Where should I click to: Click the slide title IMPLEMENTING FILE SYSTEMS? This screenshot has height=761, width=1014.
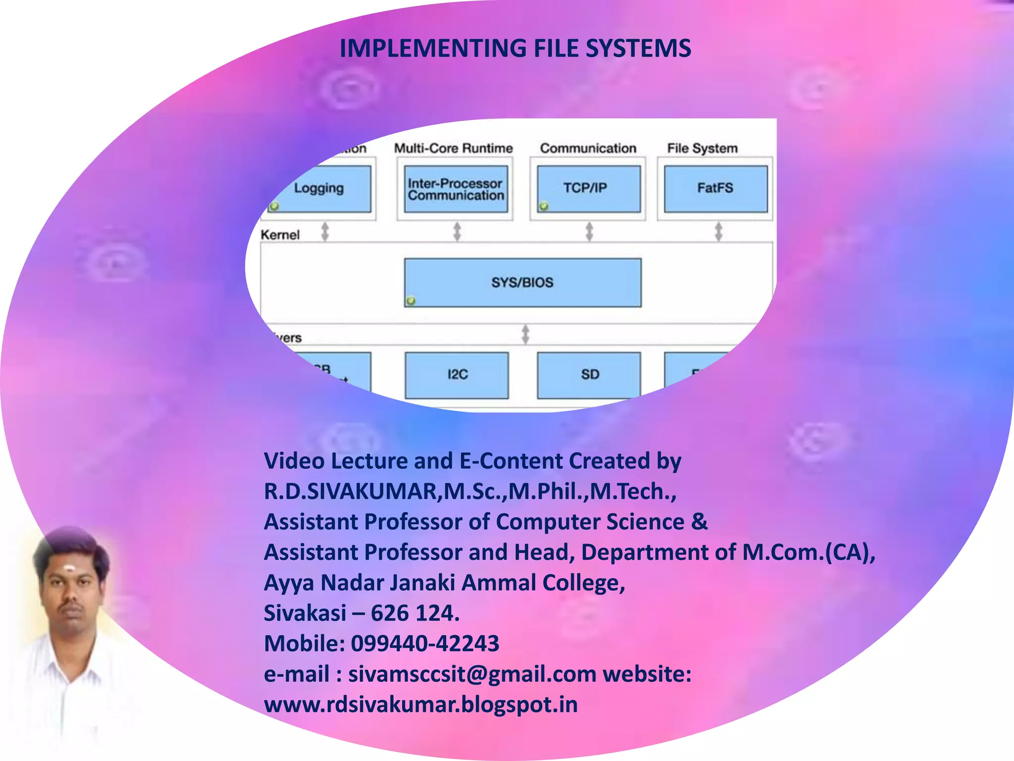click(515, 49)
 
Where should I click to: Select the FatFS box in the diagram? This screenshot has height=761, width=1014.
click(715, 189)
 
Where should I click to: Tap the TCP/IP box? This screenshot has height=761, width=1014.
click(588, 189)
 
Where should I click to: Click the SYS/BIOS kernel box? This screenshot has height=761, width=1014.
click(522, 282)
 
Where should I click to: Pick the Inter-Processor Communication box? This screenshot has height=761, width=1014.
click(456, 189)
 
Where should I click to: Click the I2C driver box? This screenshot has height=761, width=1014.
click(456, 375)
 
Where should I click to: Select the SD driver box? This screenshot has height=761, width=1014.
click(589, 375)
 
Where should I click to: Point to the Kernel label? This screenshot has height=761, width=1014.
click(280, 235)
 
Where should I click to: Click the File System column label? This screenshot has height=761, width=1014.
click(702, 148)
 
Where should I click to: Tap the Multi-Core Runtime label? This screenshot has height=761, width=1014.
click(453, 148)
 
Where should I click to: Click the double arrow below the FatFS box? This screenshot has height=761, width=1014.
click(718, 231)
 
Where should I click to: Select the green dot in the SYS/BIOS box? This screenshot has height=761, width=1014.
click(410, 300)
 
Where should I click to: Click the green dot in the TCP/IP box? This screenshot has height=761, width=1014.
click(544, 206)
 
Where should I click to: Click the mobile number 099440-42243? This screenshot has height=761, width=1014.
click(425, 644)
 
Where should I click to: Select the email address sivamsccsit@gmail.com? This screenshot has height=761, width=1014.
click(472, 674)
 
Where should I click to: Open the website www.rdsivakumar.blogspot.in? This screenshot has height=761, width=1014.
click(421, 705)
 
